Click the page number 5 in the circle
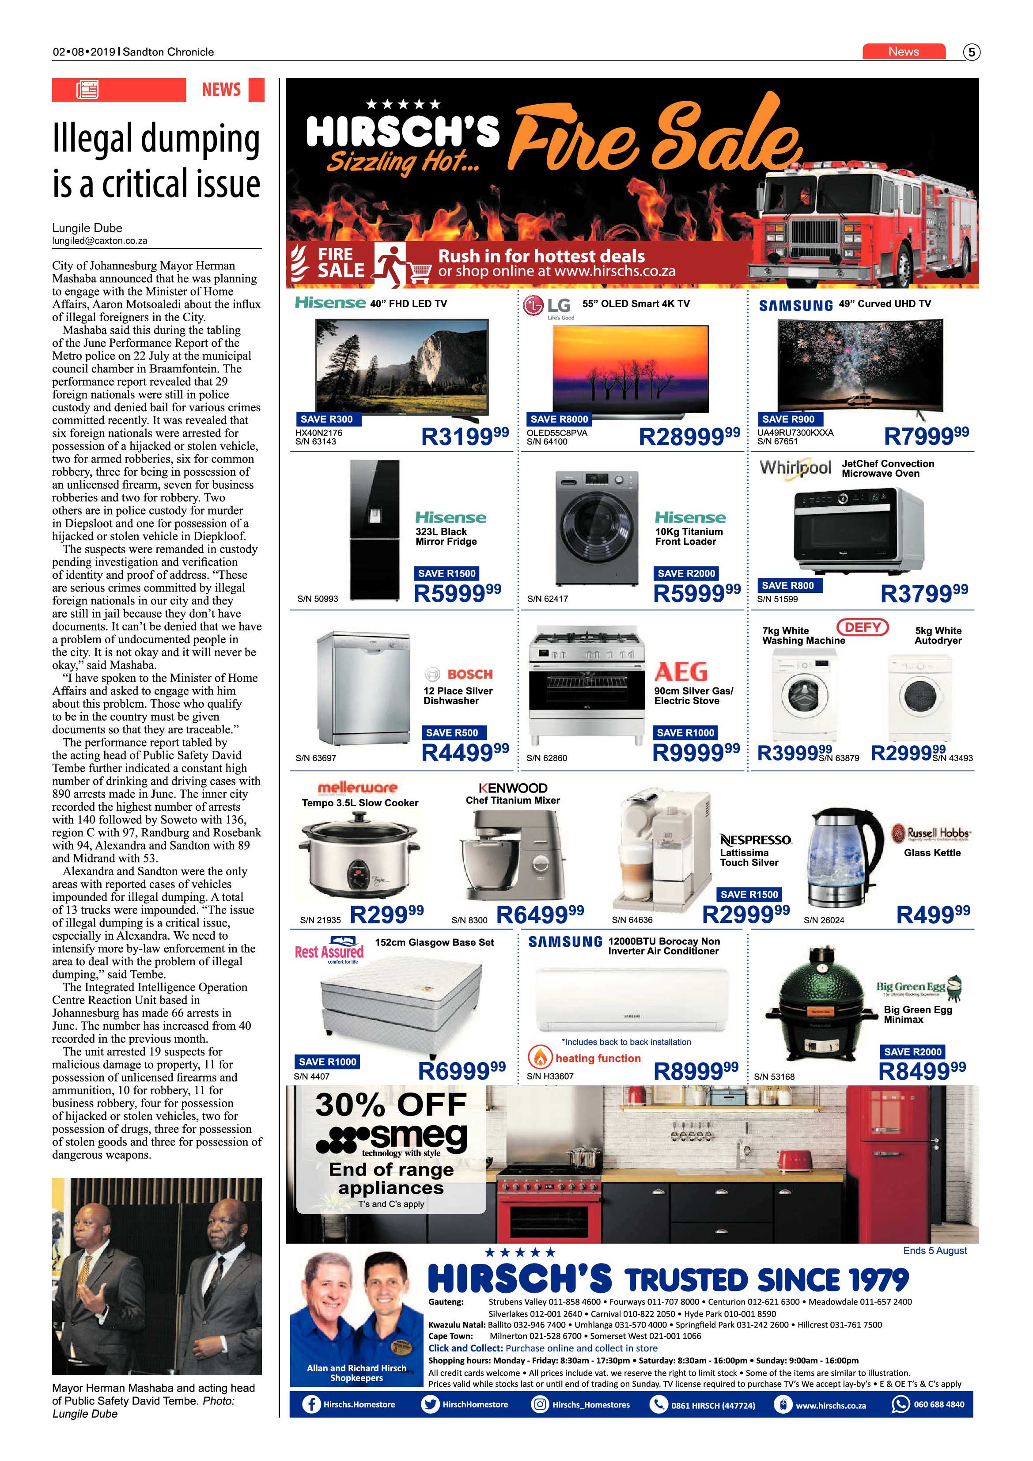pyautogui.click(x=971, y=52)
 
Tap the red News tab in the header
pyautogui.click(x=903, y=52)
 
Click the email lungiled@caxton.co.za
pyautogui.click(x=100, y=241)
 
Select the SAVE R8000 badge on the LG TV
pyautogui.click(x=559, y=419)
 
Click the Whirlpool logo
pyautogui.click(x=795, y=468)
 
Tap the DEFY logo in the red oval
pyautogui.click(x=863, y=627)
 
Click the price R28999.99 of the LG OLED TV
pyautogui.click(x=689, y=436)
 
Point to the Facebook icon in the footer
pyautogui.click(x=311, y=1404)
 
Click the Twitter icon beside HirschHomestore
pyautogui.click(x=431, y=1404)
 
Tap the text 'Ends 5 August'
pyautogui.click(x=935, y=1250)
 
